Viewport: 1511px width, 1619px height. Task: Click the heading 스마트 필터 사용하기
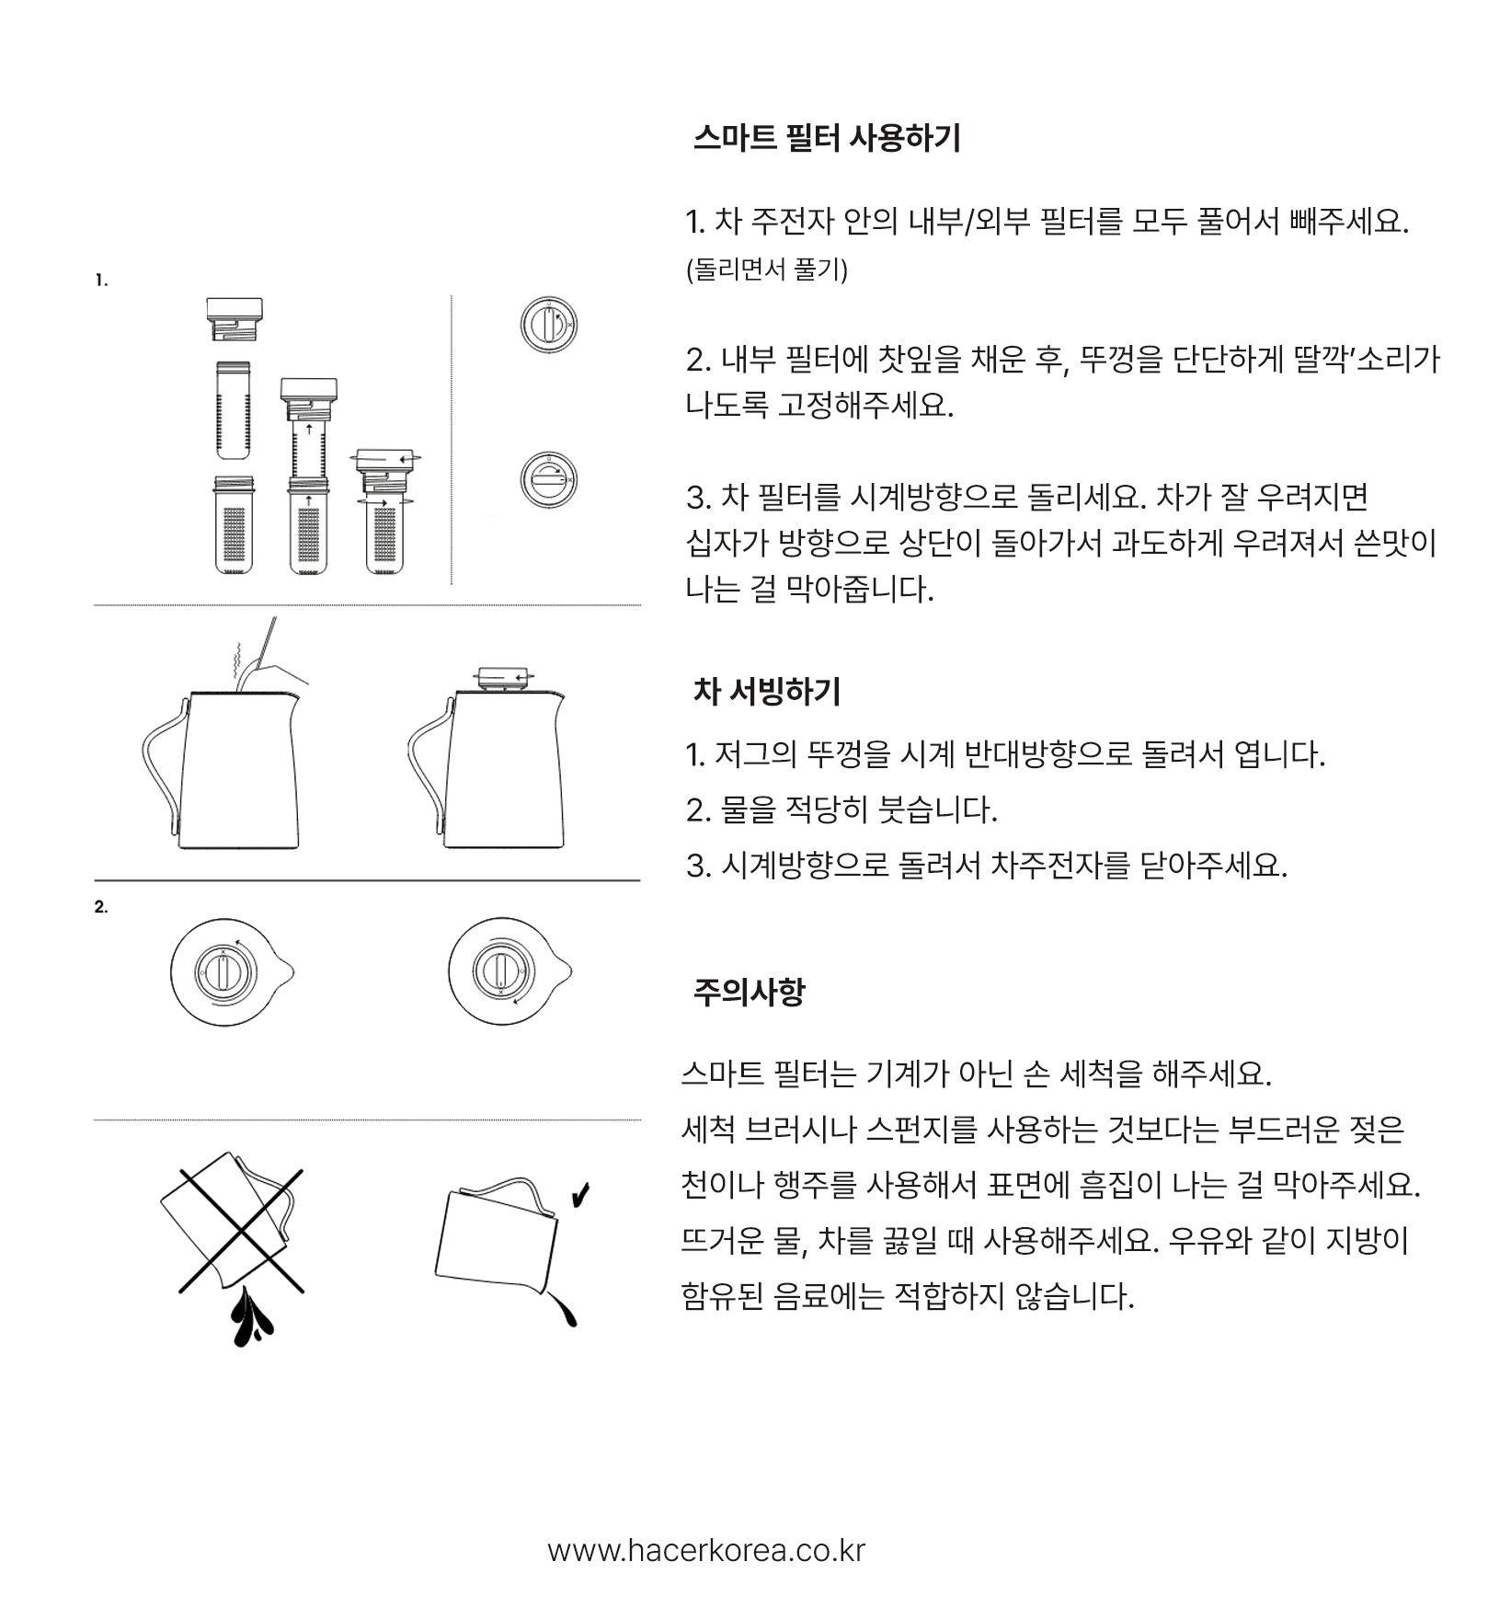[x=827, y=139]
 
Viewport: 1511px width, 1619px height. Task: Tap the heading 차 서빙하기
[x=767, y=691]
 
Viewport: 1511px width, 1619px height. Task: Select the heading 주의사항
[x=749, y=992]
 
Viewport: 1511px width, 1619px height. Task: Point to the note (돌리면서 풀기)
[x=767, y=270]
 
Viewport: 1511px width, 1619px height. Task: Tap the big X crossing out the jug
[x=241, y=1231]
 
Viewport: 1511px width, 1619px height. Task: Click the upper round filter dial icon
[x=549, y=326]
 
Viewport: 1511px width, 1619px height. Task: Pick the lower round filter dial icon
[x=549, y=480]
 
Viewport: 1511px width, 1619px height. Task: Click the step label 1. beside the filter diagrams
[x=101, y=281]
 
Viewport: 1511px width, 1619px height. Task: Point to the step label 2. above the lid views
[x=101, y=907]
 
